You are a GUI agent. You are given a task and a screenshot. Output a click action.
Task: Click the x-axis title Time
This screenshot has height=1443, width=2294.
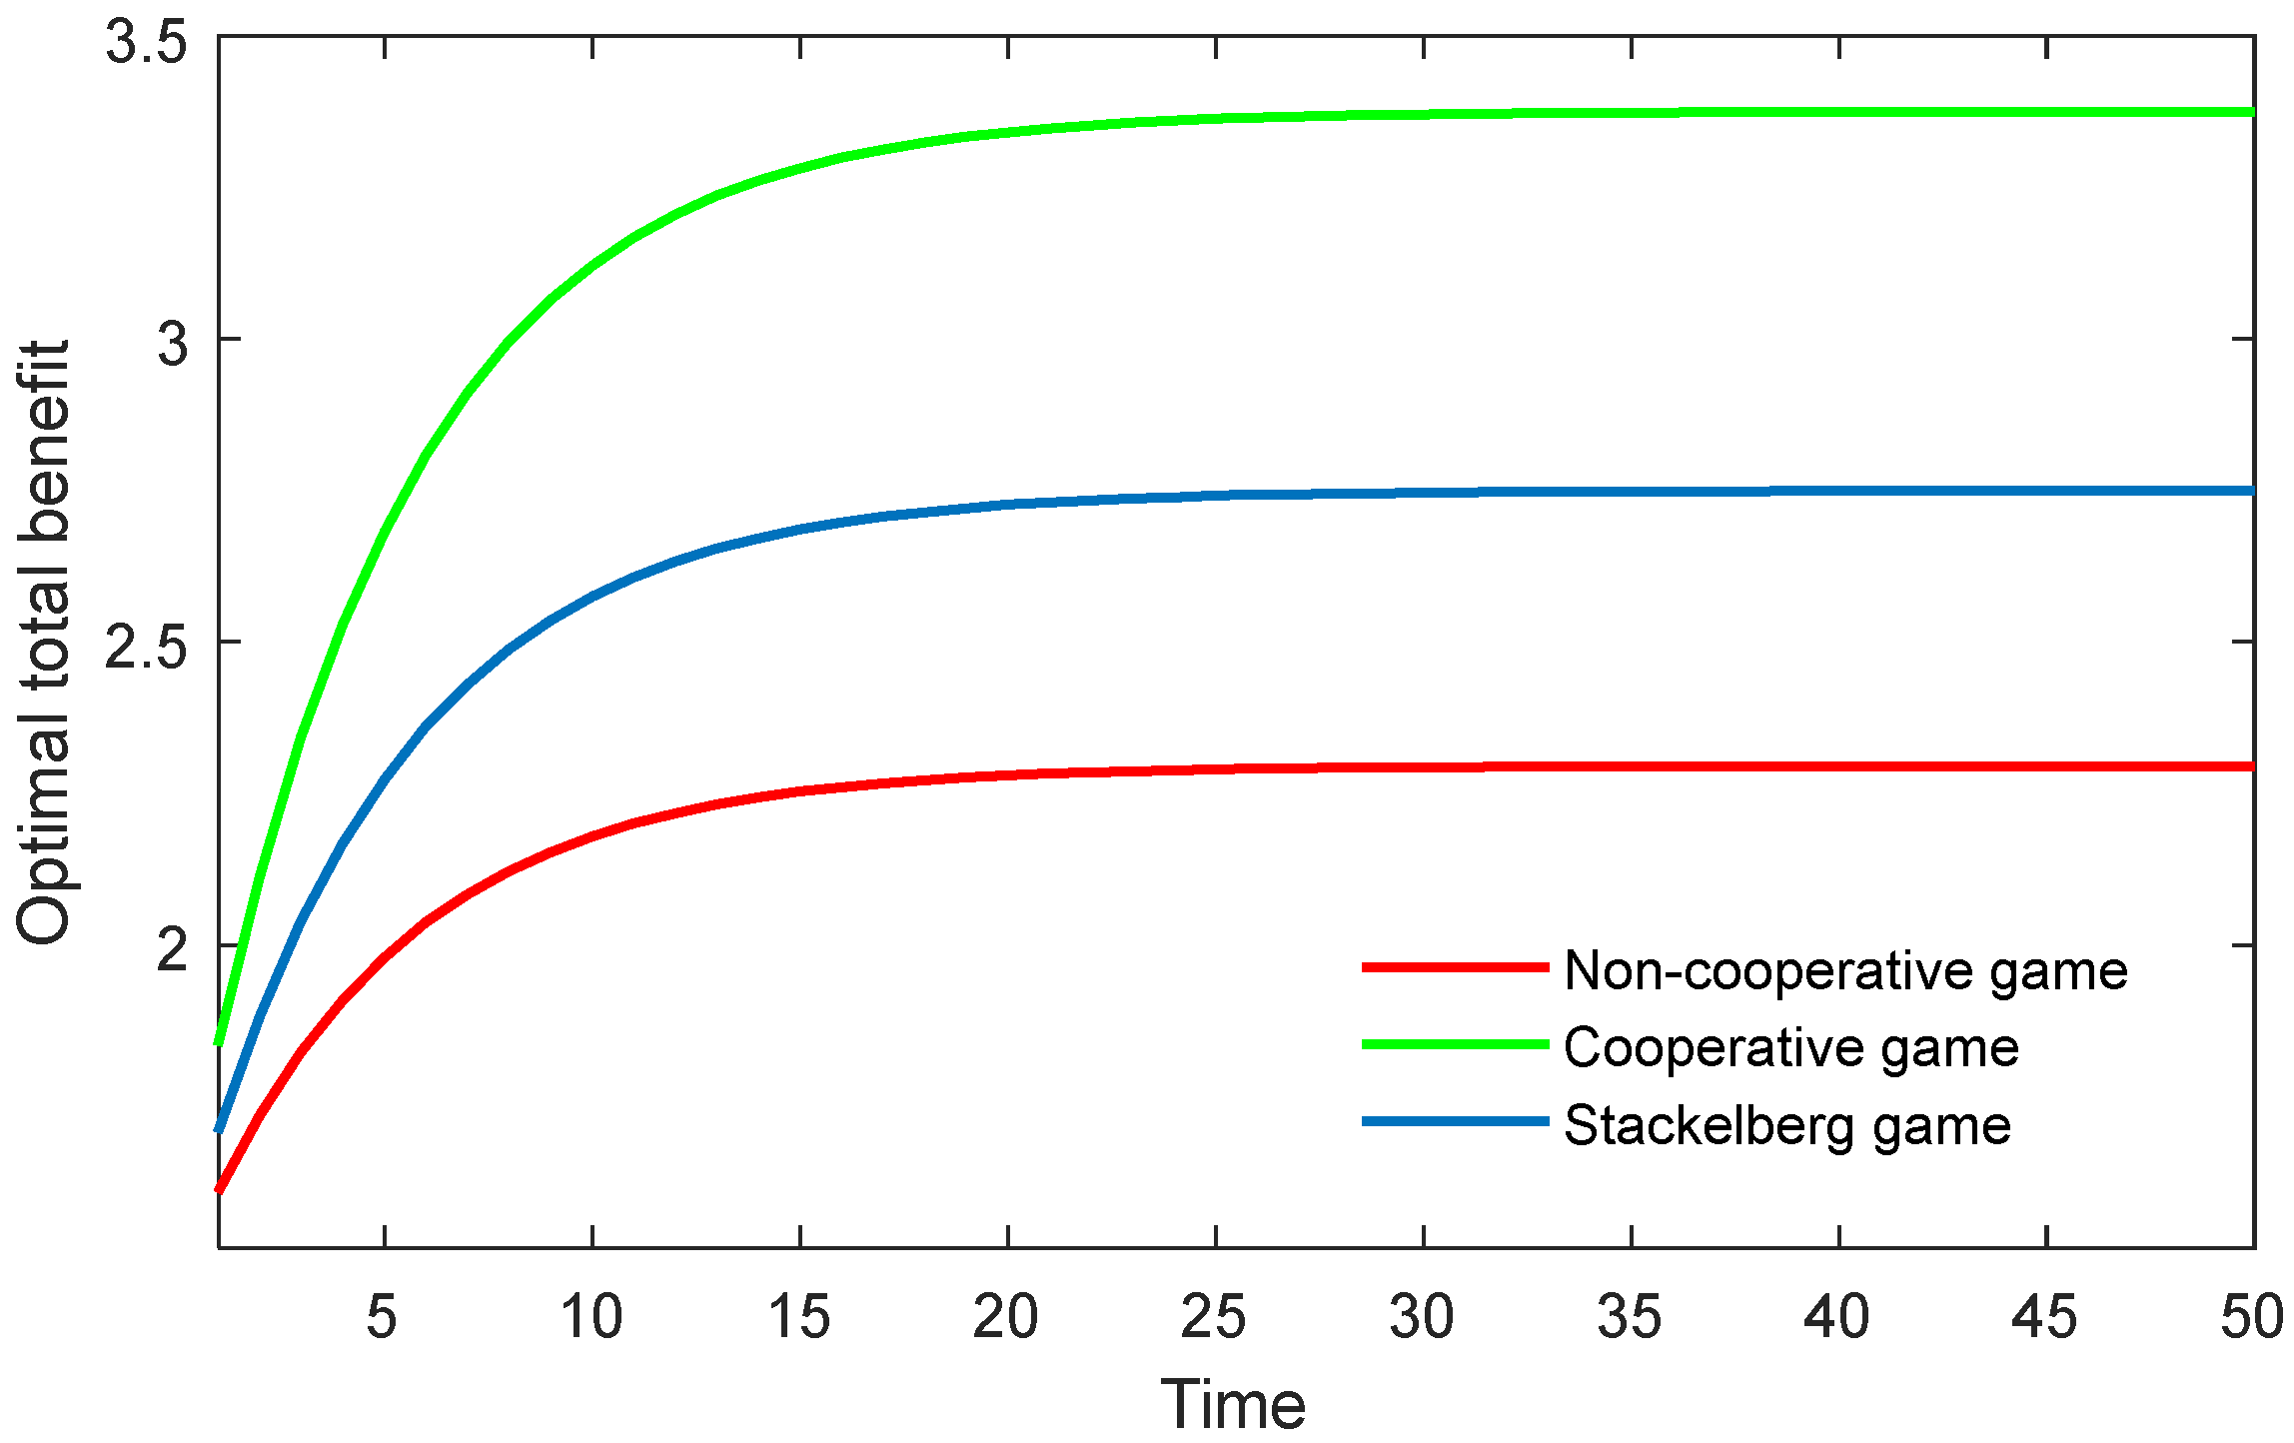coord(1233,1404)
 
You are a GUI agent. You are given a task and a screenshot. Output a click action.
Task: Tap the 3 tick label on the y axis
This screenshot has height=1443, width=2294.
coord(173,343)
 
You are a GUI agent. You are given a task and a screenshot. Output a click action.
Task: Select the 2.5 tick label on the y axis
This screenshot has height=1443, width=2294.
coord(147,646)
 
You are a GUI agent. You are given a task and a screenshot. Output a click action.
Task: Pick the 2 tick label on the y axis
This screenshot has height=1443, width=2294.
coord(173,948)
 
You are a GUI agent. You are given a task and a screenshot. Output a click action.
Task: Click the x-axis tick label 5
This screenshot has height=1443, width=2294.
coord(383,1317)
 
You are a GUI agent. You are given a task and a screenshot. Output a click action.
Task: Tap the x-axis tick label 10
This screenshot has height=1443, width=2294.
coord(591,1317)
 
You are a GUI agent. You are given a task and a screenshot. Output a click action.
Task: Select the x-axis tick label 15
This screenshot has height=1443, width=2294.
coord(799,1317)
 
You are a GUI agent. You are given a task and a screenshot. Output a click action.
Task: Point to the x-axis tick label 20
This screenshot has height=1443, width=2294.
coord(1006,1317)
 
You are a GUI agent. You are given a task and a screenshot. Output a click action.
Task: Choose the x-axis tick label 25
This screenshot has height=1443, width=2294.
coord(1214,1317)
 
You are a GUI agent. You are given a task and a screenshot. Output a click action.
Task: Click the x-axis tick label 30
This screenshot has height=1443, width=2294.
coord(1422,1317)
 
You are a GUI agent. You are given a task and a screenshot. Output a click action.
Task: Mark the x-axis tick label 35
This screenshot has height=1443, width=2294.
coord(1630,1317)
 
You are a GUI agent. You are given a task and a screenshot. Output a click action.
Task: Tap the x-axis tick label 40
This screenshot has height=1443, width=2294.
coord(1837,1317)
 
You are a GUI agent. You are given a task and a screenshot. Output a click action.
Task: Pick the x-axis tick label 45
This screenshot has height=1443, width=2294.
coord(2045,1317)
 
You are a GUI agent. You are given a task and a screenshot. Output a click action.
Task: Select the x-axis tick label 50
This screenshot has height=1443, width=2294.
coord(2251,1317)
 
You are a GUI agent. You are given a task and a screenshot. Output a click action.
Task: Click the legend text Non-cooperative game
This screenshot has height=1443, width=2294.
coord(1845,970)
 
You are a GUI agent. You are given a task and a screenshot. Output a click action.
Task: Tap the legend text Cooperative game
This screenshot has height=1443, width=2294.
coord(1791,1048)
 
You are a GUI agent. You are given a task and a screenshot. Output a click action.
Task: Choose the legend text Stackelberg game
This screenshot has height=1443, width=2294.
coord(1787,1126)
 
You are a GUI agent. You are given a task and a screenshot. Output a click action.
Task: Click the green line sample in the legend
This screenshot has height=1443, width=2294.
coord(1455,1044)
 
